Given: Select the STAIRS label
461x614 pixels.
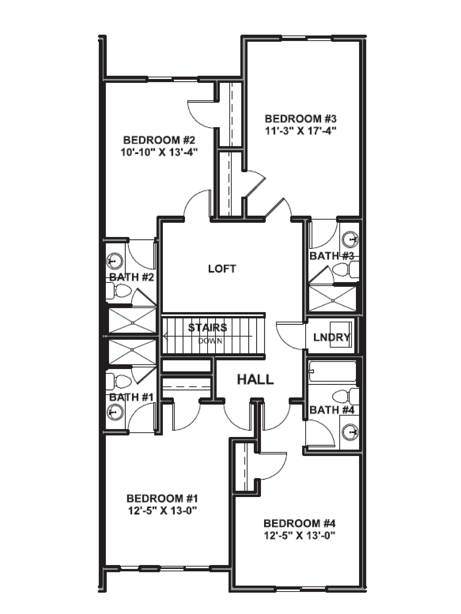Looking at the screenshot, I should point(208,328).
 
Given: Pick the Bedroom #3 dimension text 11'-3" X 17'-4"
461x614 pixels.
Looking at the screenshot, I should point(301,130).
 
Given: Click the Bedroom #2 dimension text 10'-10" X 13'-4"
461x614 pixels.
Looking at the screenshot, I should point(159,152).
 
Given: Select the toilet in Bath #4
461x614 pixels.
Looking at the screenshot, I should point(345,396).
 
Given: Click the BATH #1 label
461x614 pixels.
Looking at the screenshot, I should point(131,397).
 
